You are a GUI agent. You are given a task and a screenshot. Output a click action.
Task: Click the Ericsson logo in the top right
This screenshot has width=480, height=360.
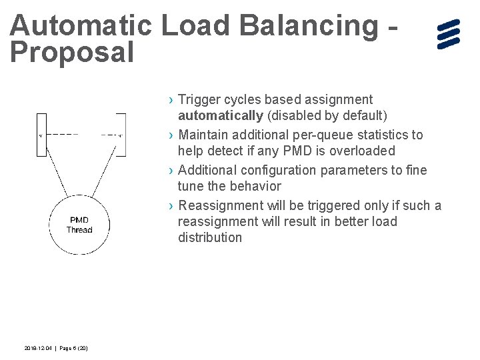click(449, 34)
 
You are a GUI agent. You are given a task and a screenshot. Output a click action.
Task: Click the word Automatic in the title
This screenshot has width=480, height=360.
click(80, 26)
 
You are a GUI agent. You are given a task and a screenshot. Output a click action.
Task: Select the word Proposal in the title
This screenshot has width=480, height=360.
click(72, 53)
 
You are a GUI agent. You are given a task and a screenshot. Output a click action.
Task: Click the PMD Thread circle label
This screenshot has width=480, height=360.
click(79, 225)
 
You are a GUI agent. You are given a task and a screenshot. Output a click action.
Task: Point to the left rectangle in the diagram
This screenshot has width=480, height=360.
click(41, 134)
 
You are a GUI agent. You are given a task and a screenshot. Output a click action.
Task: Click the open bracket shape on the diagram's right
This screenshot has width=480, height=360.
click(121, 134)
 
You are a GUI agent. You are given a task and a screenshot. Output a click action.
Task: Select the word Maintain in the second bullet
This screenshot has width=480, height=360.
click(205, 135)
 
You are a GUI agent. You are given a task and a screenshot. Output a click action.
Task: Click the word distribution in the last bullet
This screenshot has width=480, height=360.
click(210, 238)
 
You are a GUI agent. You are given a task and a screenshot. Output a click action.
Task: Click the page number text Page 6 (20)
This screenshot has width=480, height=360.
click(74, 348)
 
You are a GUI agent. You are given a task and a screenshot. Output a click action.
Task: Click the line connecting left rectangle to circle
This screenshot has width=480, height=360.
click(55, 177)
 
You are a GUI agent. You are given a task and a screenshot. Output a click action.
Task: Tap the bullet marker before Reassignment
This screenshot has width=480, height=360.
click(171, 206)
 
